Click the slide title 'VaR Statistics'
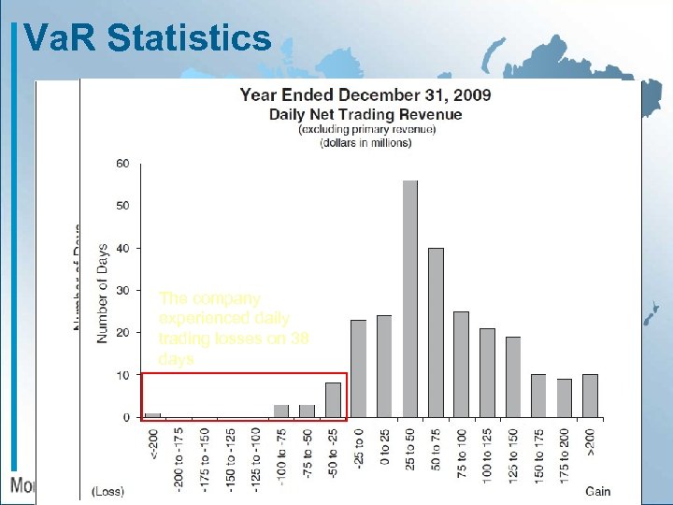tap(147, 37)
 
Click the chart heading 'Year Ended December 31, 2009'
tap(365, 94)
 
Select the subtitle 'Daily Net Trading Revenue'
tap(365, 114)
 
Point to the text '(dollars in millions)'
tap(365, 143)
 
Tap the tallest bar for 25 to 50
tap(410, 298)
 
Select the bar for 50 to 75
tap(436, 332)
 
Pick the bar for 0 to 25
tap(384, 366)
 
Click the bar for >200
tap(590, 396)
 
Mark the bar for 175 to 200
tap(565, 397)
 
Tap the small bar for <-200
tap(152, 415)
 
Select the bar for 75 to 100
tap(461, 364)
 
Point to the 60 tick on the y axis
tap(122, 164)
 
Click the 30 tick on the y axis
tap(122, 291)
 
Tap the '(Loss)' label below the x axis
tap(107, 491)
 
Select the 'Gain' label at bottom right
tap(598, 491)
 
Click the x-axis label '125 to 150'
tap(513, 453)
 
